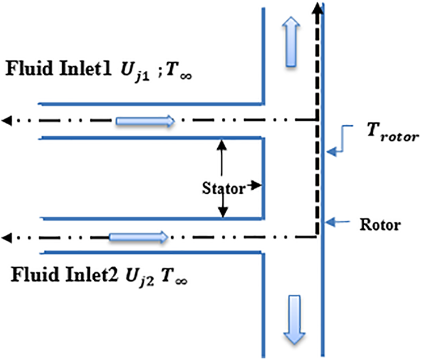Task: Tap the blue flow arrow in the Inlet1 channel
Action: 145,121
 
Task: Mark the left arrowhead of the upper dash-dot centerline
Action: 7,120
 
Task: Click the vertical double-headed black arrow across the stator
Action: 223,177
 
